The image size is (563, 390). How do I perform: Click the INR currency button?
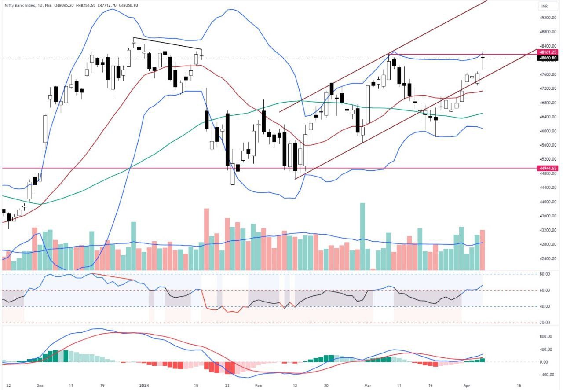(544, 7)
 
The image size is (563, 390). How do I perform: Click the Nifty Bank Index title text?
(21, 5)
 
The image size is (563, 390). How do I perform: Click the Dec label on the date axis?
(40, 385)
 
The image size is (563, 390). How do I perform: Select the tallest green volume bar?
(362, 236)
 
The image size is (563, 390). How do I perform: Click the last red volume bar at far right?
(482, 250)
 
